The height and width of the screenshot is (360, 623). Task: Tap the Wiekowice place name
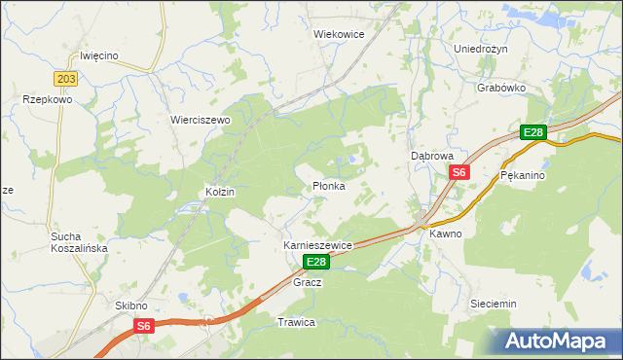click(x=339, y=33)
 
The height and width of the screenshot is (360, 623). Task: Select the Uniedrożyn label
click(x=482, y=48)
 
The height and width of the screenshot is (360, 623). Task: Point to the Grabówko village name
click(x=502, y=87)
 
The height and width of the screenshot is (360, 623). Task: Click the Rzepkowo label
click(x=48, y=99)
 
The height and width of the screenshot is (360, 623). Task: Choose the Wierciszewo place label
click(x=200, y=120)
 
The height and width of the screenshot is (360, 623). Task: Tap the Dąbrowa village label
click(x=433, y=155)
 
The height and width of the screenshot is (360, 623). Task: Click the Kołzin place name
click(x=220, y=193)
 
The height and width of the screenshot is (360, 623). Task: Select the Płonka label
click(x=328, y=186)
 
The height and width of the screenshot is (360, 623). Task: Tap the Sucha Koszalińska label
click(x=80, y=242)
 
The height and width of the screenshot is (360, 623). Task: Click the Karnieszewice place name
click(x=317, y=246)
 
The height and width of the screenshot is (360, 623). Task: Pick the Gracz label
click(x=308, y=282)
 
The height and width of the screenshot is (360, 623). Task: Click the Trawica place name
click(x=297, y=322)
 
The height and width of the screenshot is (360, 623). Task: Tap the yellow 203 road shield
click(x=66, y=79)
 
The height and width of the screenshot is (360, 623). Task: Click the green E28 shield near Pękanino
click(x=532, y=133)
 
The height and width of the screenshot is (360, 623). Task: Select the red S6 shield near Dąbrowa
click(x=459, y=172)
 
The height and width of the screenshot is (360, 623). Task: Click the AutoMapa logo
click(x=557, y=341)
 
